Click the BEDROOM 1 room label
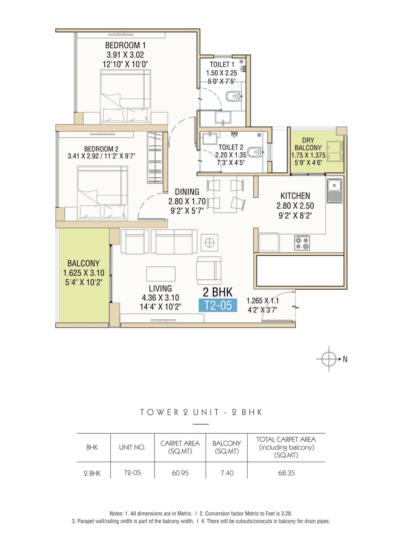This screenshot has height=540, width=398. (x=125, y=45)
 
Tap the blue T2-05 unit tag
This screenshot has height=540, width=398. (x=218, y=305)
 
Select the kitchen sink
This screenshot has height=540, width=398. (x=334, y=190)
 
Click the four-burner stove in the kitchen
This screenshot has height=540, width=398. (x=302, y=243)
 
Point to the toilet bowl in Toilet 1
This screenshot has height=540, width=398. (x=233, y=96)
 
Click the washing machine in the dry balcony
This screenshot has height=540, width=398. (x=335, y=151)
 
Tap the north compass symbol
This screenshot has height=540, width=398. (x=329, y=359)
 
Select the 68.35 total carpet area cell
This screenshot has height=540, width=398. (x=286, y=473)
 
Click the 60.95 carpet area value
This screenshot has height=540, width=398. (x=180, y=473)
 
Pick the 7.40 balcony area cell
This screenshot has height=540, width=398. (x=227, y=473)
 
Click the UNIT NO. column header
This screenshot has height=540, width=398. (x=132, y=447)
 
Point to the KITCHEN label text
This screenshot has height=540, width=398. (x=295, y=196)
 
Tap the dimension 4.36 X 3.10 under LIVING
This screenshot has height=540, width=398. (x=161, y=298)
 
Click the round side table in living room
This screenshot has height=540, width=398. (x=209, y=243)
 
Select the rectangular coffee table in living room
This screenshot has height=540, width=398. (x=161, y=274)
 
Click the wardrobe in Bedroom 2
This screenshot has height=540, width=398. (x=155, y=158)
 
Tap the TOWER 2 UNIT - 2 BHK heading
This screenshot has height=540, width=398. (x=201, y=412)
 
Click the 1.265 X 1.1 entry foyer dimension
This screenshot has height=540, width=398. (x=262, y=301)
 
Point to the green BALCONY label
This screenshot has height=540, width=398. (x=84, y=263)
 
